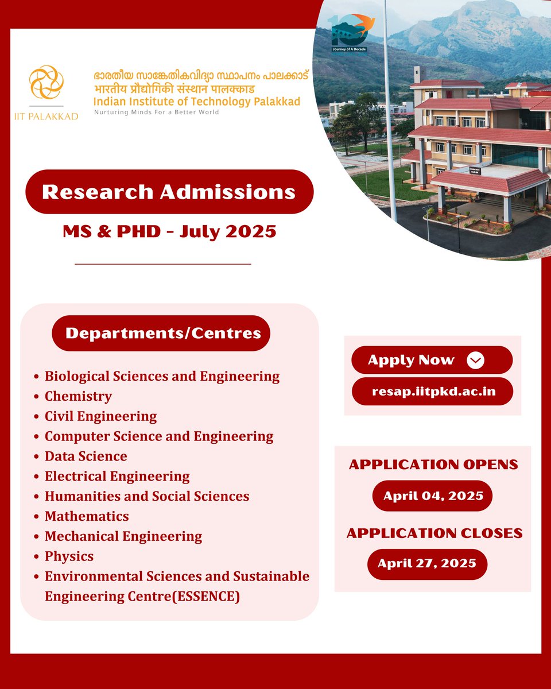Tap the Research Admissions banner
pos(169,192)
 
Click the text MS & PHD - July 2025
pos(169,232)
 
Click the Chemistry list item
pos(78,396)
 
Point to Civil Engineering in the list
pos(100,416)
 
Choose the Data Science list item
pos(86,456)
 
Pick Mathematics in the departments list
pos(87,516)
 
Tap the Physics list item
pos(69,556)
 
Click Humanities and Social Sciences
pos(147,496)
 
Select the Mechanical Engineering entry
pos(123,536)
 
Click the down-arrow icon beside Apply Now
pos(475,360)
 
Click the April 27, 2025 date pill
pos(427,564)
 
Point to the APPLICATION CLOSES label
pos(434,533)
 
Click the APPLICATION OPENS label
pos(433,465)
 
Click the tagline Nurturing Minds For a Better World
pos(157,113)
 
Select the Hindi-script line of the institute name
pos(175,90)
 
